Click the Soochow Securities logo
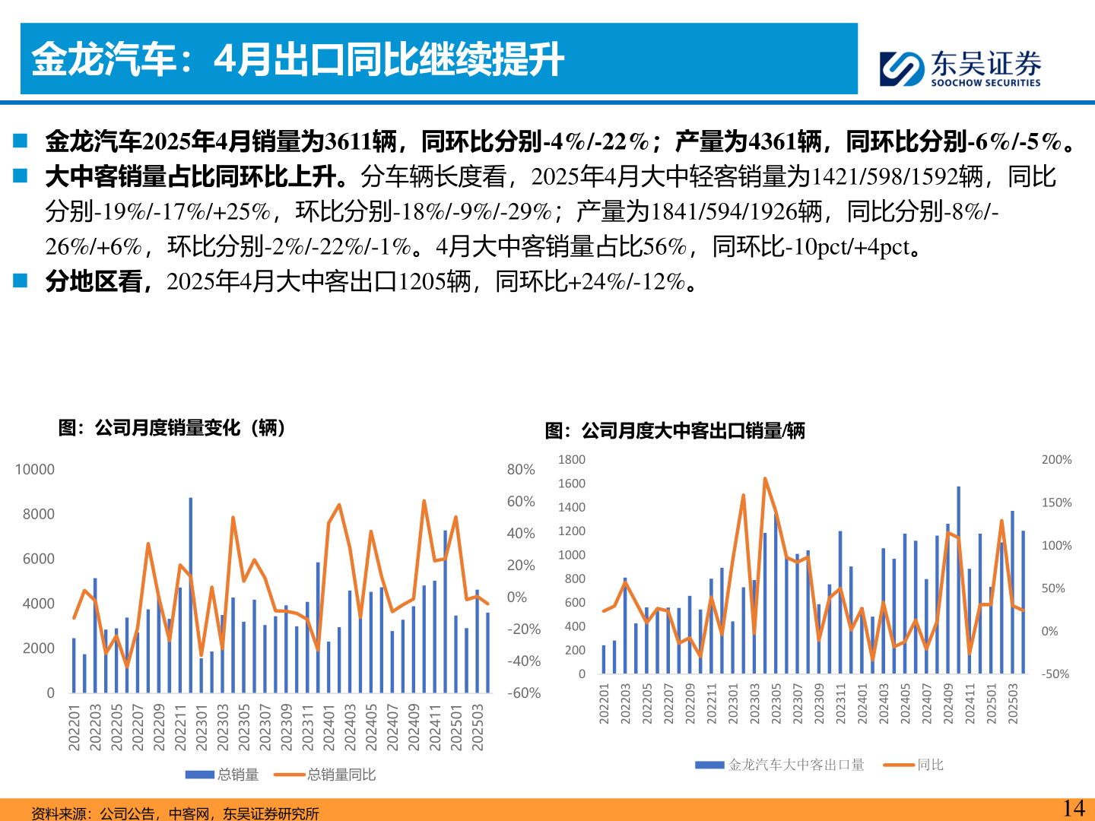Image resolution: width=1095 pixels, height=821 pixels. tap(960, 68)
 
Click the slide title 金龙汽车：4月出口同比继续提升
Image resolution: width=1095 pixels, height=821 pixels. tap(297, 59)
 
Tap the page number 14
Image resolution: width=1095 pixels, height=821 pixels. tap(1073, 808)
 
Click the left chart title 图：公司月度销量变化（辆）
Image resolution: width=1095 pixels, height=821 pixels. tap(172, 428)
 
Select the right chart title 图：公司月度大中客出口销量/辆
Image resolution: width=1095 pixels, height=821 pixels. tap(674, 431)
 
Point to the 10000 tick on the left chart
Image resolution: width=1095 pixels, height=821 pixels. tap(35, 470)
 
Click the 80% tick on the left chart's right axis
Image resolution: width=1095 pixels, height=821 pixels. tap(521, 470)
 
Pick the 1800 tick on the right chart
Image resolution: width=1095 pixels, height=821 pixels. tap(572, 460)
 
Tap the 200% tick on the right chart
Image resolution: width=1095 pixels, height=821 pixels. tap(1056, 460)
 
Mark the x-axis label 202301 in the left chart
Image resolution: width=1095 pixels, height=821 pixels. tap(202, 727)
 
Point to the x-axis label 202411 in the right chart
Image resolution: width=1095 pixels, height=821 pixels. tap(970, 703)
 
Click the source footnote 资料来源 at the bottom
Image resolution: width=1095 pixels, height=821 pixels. tap(175, 813)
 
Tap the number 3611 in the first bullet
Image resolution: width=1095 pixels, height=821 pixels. tap(348, 141)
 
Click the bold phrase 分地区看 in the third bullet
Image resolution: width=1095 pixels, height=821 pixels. tap(94, 281)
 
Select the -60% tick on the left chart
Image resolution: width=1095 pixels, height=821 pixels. tap(524, 693)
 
